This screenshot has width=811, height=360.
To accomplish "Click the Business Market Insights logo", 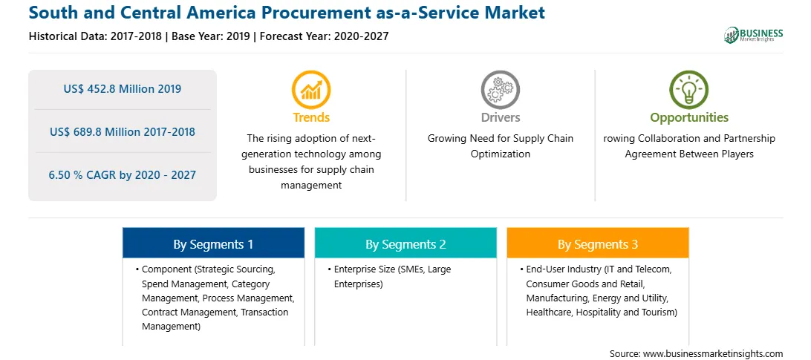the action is point(753,35).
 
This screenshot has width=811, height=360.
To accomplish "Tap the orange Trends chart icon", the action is point(311,90).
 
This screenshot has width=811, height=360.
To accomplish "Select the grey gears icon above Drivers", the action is point(500,90).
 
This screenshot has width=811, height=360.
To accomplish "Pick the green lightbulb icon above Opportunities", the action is point(689,90).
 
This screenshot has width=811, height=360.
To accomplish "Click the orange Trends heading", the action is point(311,117).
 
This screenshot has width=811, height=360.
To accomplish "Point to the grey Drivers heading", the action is point(500,117).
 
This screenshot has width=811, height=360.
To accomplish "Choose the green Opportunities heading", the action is point(689,117).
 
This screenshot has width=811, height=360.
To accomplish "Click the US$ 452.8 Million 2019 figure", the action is point(123,89).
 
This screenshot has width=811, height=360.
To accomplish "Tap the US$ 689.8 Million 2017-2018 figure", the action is point(123,132).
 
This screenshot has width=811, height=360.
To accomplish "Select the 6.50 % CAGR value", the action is point(123,175).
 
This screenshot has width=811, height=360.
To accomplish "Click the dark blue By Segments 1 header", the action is point(213,243).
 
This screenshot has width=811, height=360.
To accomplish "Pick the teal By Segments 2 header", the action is point(405,243).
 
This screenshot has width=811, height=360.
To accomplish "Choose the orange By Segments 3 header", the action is point(598,243).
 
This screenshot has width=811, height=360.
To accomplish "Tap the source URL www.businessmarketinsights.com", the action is point(713,353).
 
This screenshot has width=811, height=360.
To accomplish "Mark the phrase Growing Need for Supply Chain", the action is point(500,139).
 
